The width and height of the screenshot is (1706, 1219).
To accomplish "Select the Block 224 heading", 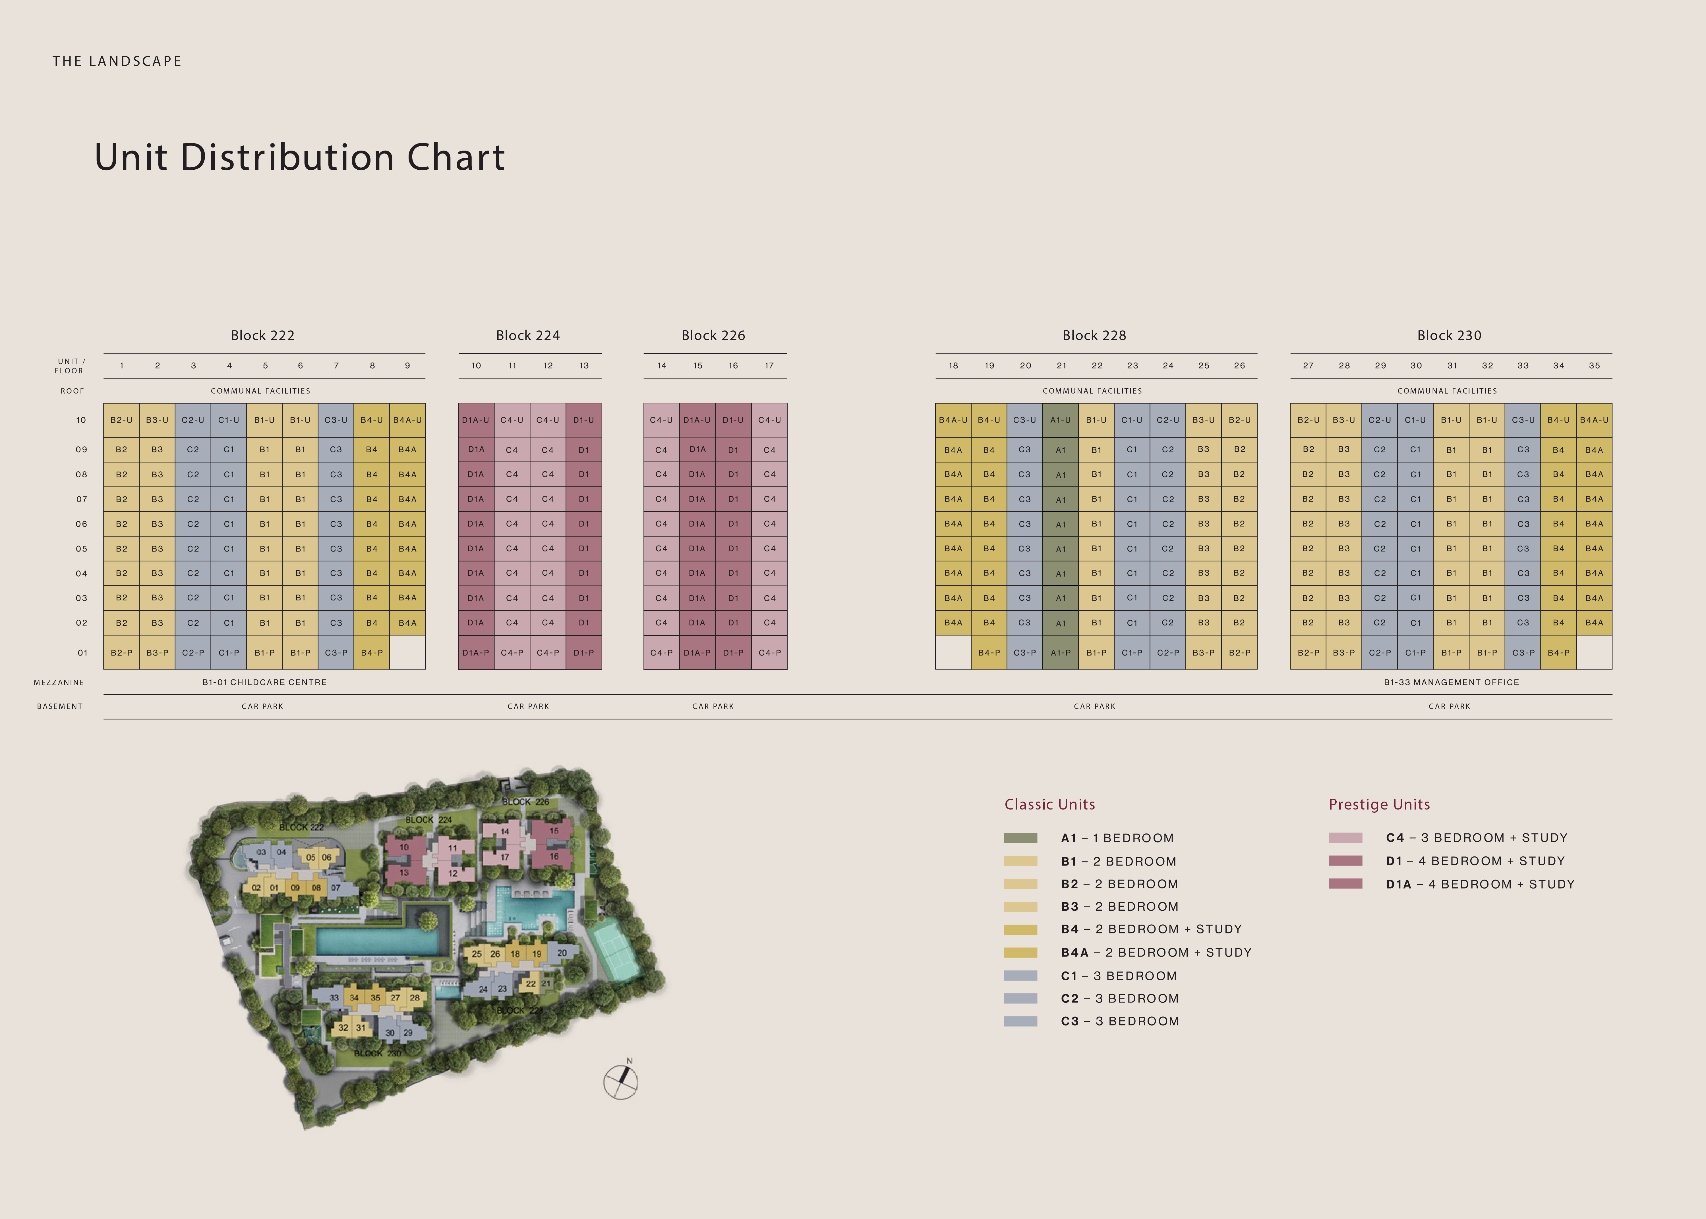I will tap(528, 336).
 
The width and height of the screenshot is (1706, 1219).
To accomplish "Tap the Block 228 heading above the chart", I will tap(1094, 336).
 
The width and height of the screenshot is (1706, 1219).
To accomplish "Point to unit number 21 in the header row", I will tap(1061, 365).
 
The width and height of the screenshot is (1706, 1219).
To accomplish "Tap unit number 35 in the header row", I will tap(1594, 365).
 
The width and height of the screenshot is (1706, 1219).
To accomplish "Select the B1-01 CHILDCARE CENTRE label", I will tap(264, 682).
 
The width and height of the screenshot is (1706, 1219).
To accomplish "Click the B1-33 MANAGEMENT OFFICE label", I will tap(1451, 682).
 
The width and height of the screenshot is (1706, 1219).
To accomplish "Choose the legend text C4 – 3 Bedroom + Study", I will tap(1476, 838).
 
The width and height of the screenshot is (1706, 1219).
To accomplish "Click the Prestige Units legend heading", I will tap(1379, 805).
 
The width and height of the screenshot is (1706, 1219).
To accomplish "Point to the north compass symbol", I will tap(621, 1082).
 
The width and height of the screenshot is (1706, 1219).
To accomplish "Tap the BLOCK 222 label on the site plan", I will tap(301, 827).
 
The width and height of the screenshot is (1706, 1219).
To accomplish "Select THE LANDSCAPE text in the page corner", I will tap(117, 62).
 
